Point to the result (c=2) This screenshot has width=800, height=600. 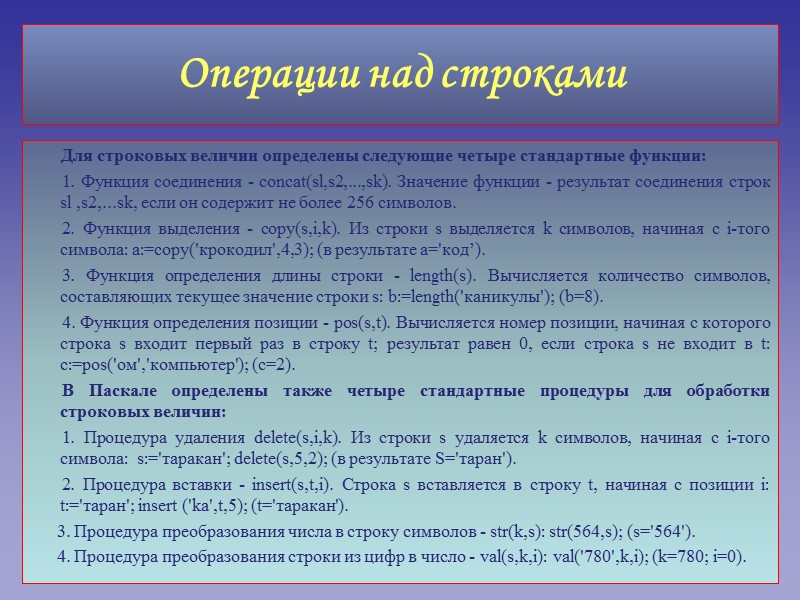271,366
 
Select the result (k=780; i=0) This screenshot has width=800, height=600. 699,556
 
